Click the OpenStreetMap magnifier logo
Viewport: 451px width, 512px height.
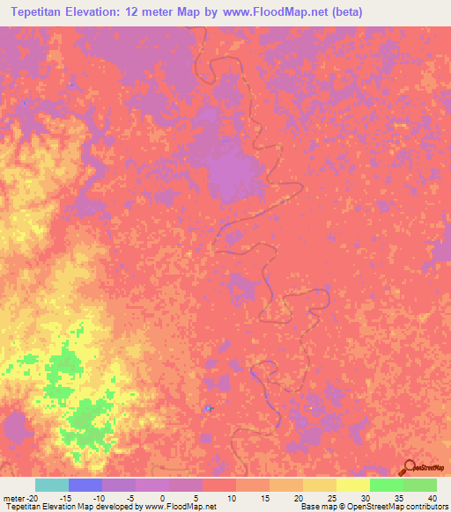[x=407, y=468]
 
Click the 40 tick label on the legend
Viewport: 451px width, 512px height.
[x=432, y=498]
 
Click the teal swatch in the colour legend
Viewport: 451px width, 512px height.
[x=51, y=485]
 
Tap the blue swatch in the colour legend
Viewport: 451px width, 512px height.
[x=85, y=485]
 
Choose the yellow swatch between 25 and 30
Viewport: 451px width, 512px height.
[x=352, y=485]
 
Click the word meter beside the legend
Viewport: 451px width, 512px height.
[x=13, y=498]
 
